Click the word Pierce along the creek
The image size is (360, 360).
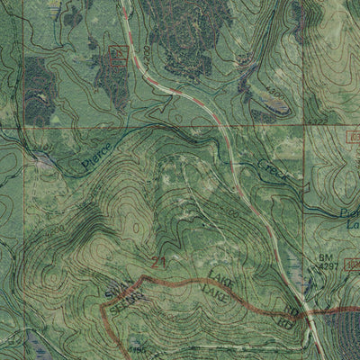(96, 155)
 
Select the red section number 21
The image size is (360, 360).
(158, 263)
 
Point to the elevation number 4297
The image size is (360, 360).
(328, 266)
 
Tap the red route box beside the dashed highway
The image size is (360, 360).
(116, 55)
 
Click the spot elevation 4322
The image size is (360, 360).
(316, 119)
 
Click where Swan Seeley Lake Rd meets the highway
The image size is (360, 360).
(306, 315)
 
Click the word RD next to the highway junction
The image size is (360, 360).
(291, 311)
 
